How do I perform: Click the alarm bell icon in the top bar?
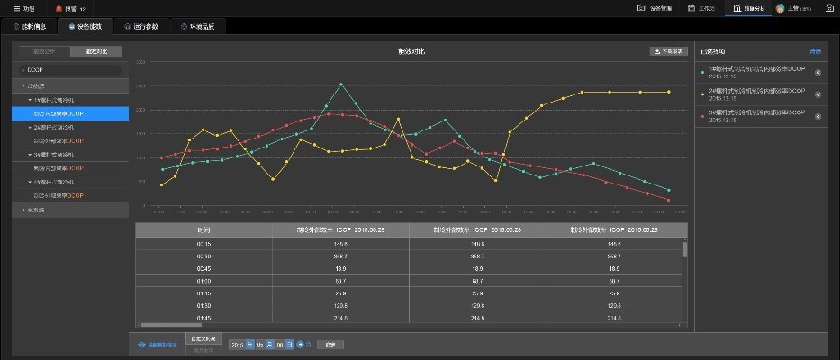pyautogui.click(x=59, y=8)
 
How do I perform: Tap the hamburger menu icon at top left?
pyautogui.click(x=16, y=8)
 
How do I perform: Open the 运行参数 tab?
pyautogui.click(x=143, y=26)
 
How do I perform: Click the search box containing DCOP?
pyautogui.click(x=70, y=69)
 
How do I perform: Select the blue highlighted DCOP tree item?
pyautogui.click(x=70, y=113)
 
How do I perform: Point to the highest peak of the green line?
pyautogui.click(x=341, y=85)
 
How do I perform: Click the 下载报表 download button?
pyautogui.click(x=669, y=51)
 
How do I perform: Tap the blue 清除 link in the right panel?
pyautogui.click(x=816, y=51)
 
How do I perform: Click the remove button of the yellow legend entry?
pyautogui.click(x=817, y=94)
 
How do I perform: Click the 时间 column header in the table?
pyautogui.click(x=203, y=230)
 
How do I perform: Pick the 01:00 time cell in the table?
pyautogui.click(x=203, y=281)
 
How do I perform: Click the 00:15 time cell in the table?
pyautogui.click(x=203, y=244)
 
